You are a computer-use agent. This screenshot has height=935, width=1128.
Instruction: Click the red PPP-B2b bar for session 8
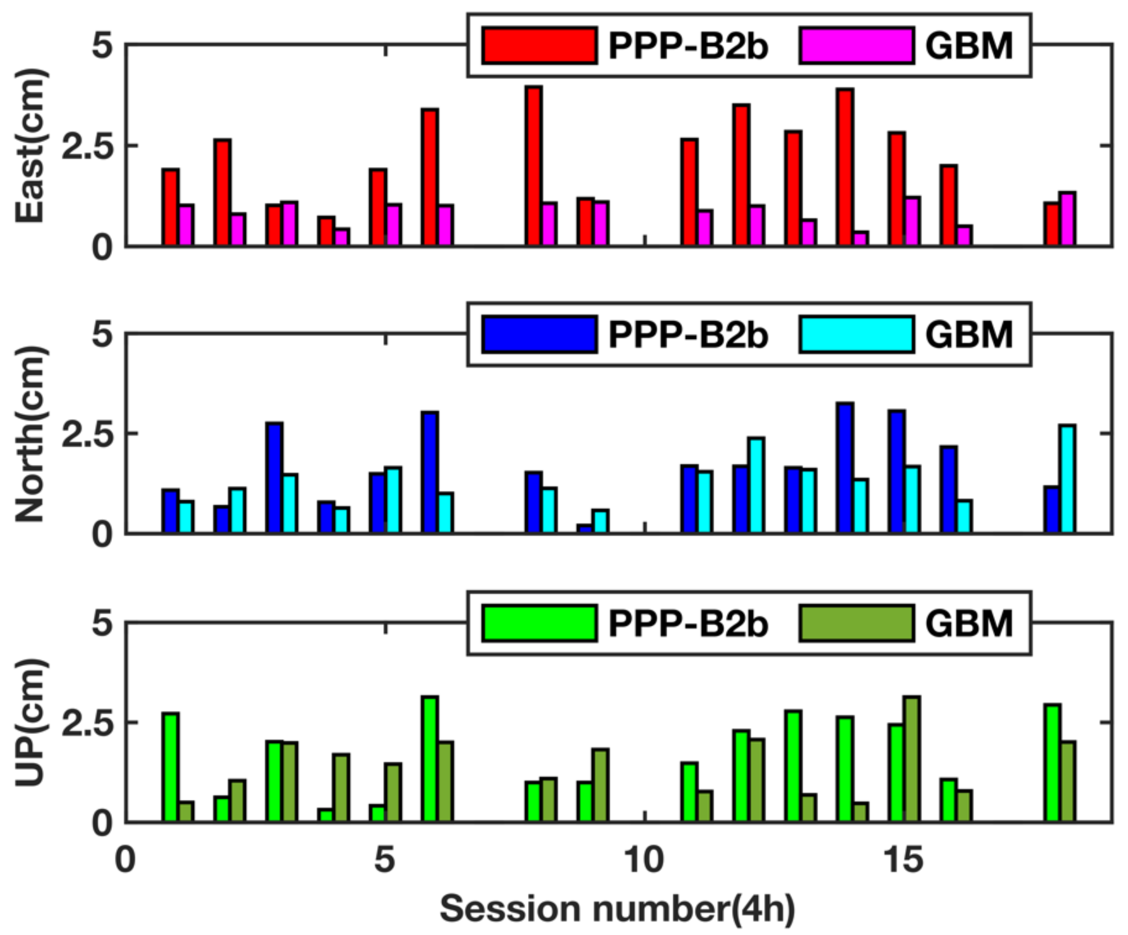tap(533, 166)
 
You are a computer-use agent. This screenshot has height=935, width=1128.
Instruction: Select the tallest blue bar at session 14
tap(845, 467)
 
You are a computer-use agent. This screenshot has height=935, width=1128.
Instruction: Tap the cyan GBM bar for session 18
tap(1067, 479)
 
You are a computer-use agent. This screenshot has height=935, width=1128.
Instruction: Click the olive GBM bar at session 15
tap(912, 759)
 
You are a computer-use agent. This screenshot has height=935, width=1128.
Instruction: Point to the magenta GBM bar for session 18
tap(1067, 219)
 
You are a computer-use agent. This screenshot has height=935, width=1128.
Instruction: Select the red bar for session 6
tap(430, 177)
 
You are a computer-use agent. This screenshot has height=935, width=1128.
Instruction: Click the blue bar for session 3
tap(274, 478)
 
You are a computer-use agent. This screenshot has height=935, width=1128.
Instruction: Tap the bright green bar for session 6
tap(430, 759)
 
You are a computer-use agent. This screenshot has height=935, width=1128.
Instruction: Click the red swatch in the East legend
tap(539, 46)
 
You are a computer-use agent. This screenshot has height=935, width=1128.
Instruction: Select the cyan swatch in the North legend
tap(856, 335)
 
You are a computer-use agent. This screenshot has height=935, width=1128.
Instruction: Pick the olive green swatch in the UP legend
tap(856, 623)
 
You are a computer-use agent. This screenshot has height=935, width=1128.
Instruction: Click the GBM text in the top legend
tap(968, 46)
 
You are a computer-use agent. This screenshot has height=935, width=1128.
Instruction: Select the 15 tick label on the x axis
tap(903, 859)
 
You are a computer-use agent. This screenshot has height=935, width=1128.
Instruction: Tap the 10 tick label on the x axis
tap(643, 859)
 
